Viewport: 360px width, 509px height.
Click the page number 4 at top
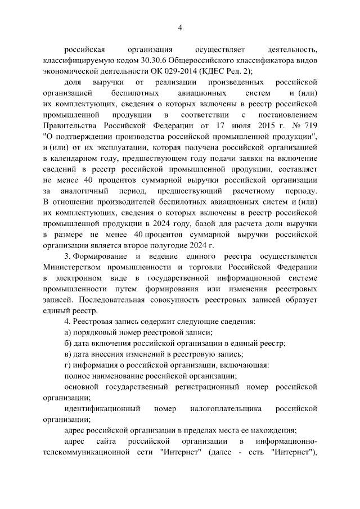(180, 28)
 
